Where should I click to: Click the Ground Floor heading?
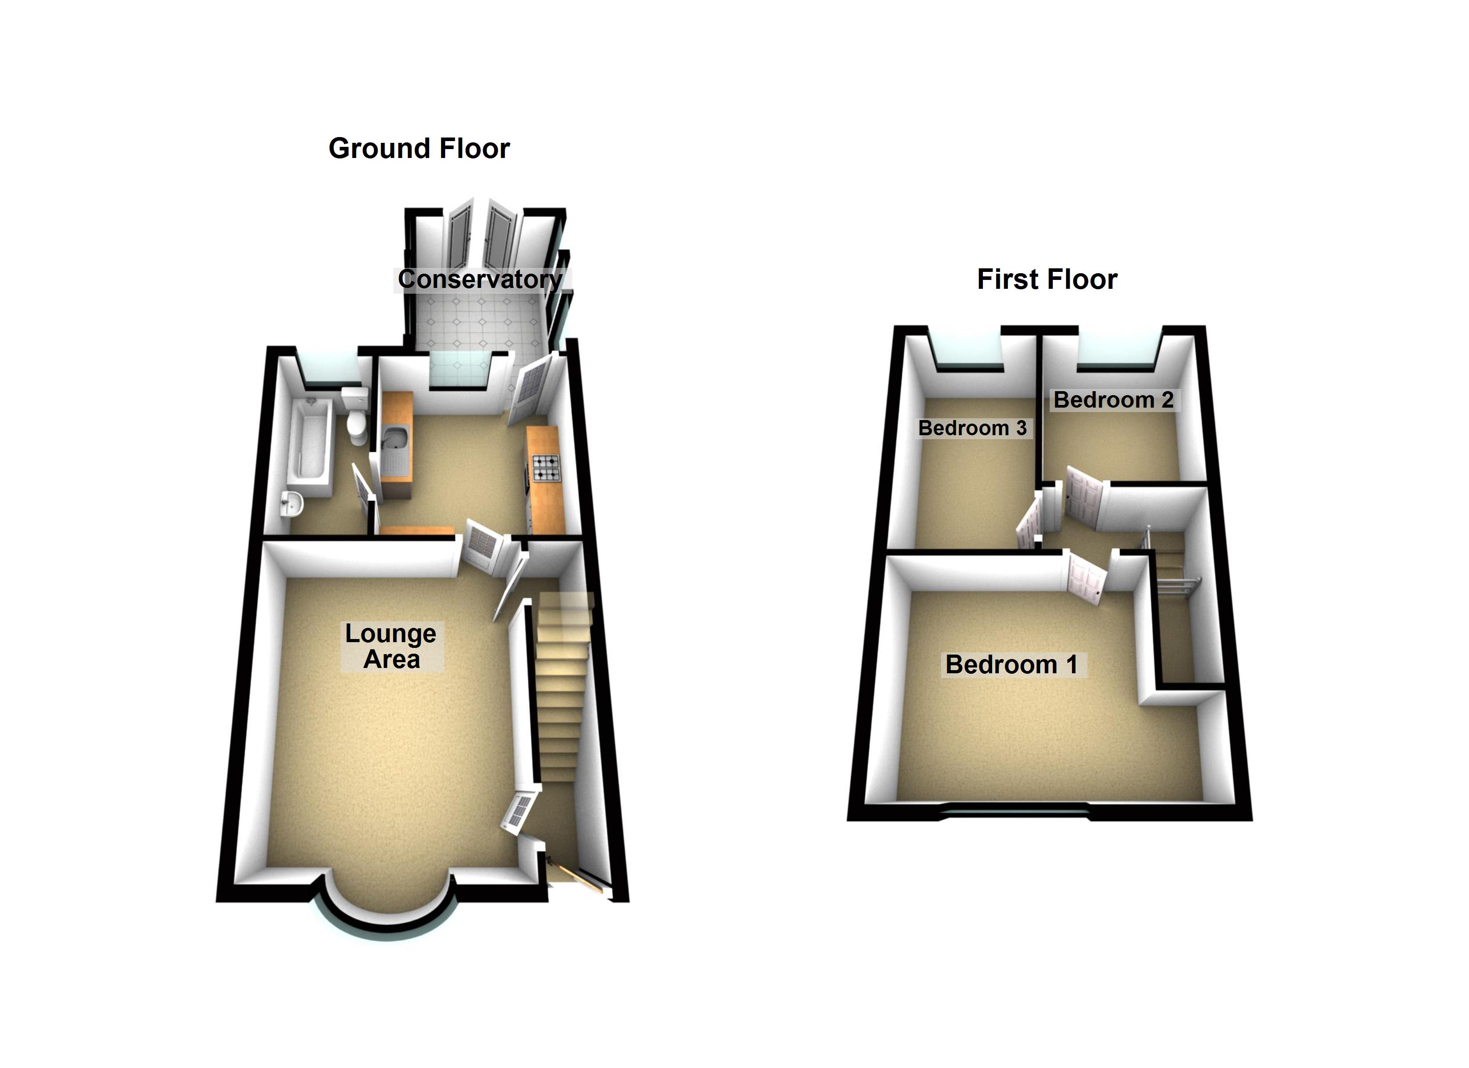[x=419, y=148]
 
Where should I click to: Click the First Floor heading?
[x=1047, y=279]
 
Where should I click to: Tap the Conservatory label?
[x=479, y=279]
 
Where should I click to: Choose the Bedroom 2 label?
[x=1113, y=400]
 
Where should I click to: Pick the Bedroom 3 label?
[x=972, y=428]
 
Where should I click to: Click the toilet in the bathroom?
[x=356, y=417]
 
